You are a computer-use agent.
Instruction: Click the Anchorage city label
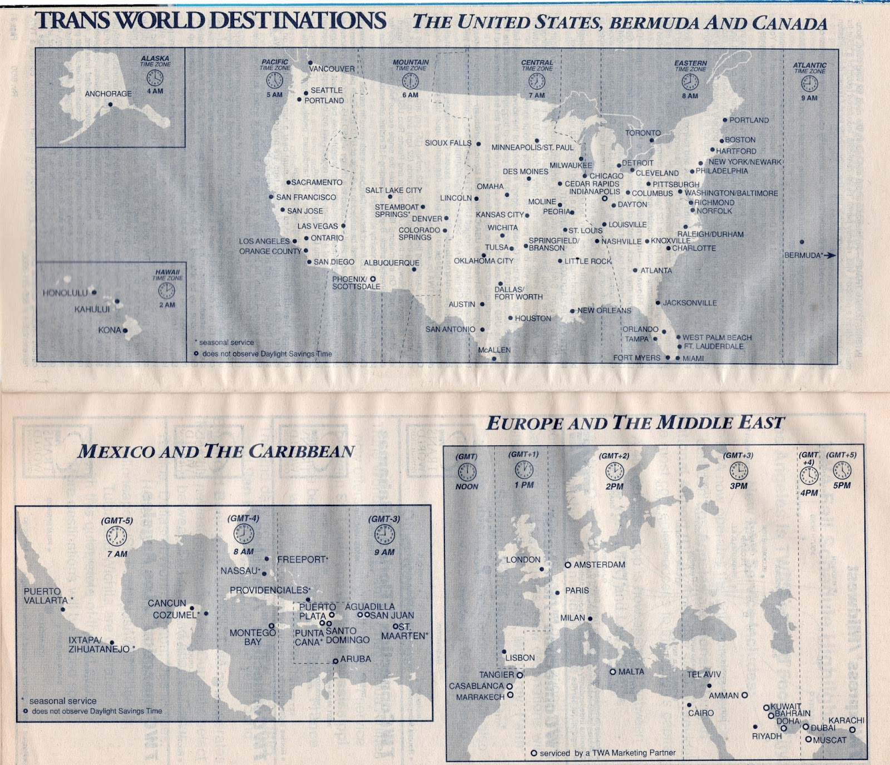108,94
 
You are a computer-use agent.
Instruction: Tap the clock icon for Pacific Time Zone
275,81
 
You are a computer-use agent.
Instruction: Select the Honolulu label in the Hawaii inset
65,292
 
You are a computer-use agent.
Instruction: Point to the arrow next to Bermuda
829,255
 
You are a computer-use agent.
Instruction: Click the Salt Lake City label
393,190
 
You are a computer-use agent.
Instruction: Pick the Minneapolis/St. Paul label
532,147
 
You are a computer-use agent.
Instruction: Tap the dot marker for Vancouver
310,63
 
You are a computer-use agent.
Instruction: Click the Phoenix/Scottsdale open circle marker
373,279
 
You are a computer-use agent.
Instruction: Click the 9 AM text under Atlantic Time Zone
809,98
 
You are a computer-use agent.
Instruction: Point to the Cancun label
167,603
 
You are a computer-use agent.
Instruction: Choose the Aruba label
355,659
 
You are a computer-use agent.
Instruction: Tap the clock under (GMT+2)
614,471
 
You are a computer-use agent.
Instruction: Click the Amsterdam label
599,564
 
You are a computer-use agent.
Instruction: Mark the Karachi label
846,720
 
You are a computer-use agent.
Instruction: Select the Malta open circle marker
613,672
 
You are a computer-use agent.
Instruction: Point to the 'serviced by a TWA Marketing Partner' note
607,753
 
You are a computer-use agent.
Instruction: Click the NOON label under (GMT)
467,486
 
